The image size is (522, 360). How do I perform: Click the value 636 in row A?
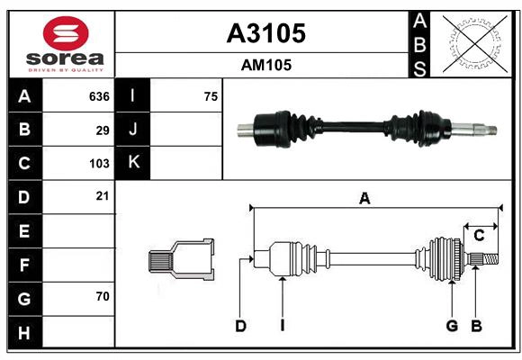click(x=99, y=96)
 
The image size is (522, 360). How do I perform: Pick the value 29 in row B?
click(x=103, y=130)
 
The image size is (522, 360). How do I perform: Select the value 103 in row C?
click(x=99, y=164)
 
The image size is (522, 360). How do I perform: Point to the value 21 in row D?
click(x=103, y=195)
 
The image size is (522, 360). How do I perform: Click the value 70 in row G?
click(x=103, y=296)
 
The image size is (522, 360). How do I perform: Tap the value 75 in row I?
click(x=211, y=96)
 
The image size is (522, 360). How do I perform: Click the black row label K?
click(x=133, y=163)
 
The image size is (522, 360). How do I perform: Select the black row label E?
click(x=24, y=231)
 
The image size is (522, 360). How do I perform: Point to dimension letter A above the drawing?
click(x=364, y=199)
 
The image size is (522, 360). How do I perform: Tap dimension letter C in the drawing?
click(x=479, y=236)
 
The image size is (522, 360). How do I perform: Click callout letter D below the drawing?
click(x=240, y=326)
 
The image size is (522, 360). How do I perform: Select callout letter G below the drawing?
click(x=452, y=326)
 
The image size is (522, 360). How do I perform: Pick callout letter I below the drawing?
click(x=282, y=326)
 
